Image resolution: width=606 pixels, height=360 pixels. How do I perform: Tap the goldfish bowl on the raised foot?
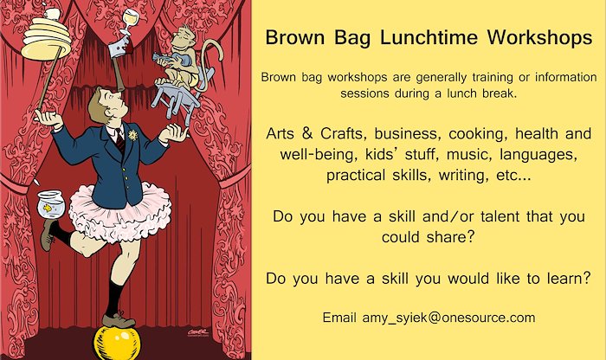[50, 205]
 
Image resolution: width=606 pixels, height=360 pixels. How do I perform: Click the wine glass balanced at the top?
[129, 22]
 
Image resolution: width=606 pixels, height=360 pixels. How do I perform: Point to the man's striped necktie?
[119, 141]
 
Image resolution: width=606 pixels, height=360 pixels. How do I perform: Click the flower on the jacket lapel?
[133, 135]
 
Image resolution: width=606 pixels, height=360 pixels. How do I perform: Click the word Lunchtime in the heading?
[429, 38]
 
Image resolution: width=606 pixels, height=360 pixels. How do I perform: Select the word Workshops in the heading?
[539, 38]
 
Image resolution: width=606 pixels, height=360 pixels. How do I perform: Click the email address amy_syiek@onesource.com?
[448, 318]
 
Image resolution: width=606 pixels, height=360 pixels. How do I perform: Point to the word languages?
[538, 155]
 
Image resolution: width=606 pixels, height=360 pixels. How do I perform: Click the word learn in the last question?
[569, 278]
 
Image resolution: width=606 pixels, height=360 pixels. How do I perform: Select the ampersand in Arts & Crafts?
[306, 133]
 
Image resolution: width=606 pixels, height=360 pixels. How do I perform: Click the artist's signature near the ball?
[197, 332]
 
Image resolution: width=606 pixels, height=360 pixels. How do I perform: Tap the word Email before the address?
[339, 318]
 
